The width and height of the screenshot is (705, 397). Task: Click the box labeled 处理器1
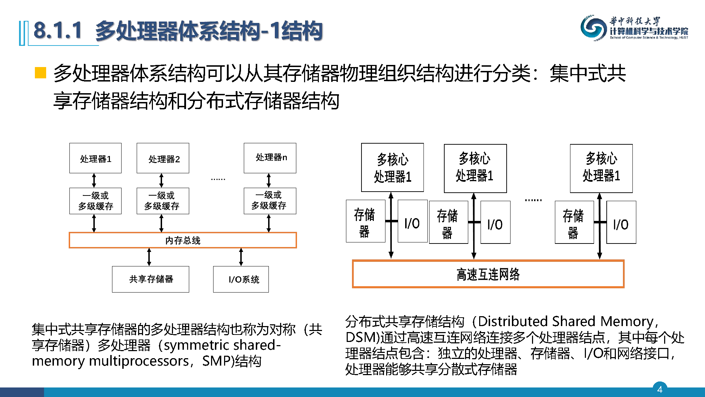[x=95, y=158]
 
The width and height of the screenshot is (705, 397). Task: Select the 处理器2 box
[x=163, y=158]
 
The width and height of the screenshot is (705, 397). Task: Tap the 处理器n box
[x=270, y=158]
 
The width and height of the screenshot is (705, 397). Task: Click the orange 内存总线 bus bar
[x=183, y=240]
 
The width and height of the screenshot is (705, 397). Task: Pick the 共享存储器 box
[x=150, y=279]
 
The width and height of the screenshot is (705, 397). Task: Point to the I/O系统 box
[x=241, y=279]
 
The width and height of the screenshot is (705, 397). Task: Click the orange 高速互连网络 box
[x=488, y=274]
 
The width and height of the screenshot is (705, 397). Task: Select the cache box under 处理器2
[x=163, y=201]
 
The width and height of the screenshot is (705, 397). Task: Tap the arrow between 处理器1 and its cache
[x=94, y=180]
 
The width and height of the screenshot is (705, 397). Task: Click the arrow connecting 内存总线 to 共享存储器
[x=149, y=257]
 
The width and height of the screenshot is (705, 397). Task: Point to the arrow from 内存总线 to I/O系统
[x=241, y=257]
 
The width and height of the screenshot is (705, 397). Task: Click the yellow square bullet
[x=41, y=72]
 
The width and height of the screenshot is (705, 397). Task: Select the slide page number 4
[x=660, y=389]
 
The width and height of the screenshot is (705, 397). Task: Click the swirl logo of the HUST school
[x=593, y=28]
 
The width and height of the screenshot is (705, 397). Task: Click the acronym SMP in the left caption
[x=215, y=361]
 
